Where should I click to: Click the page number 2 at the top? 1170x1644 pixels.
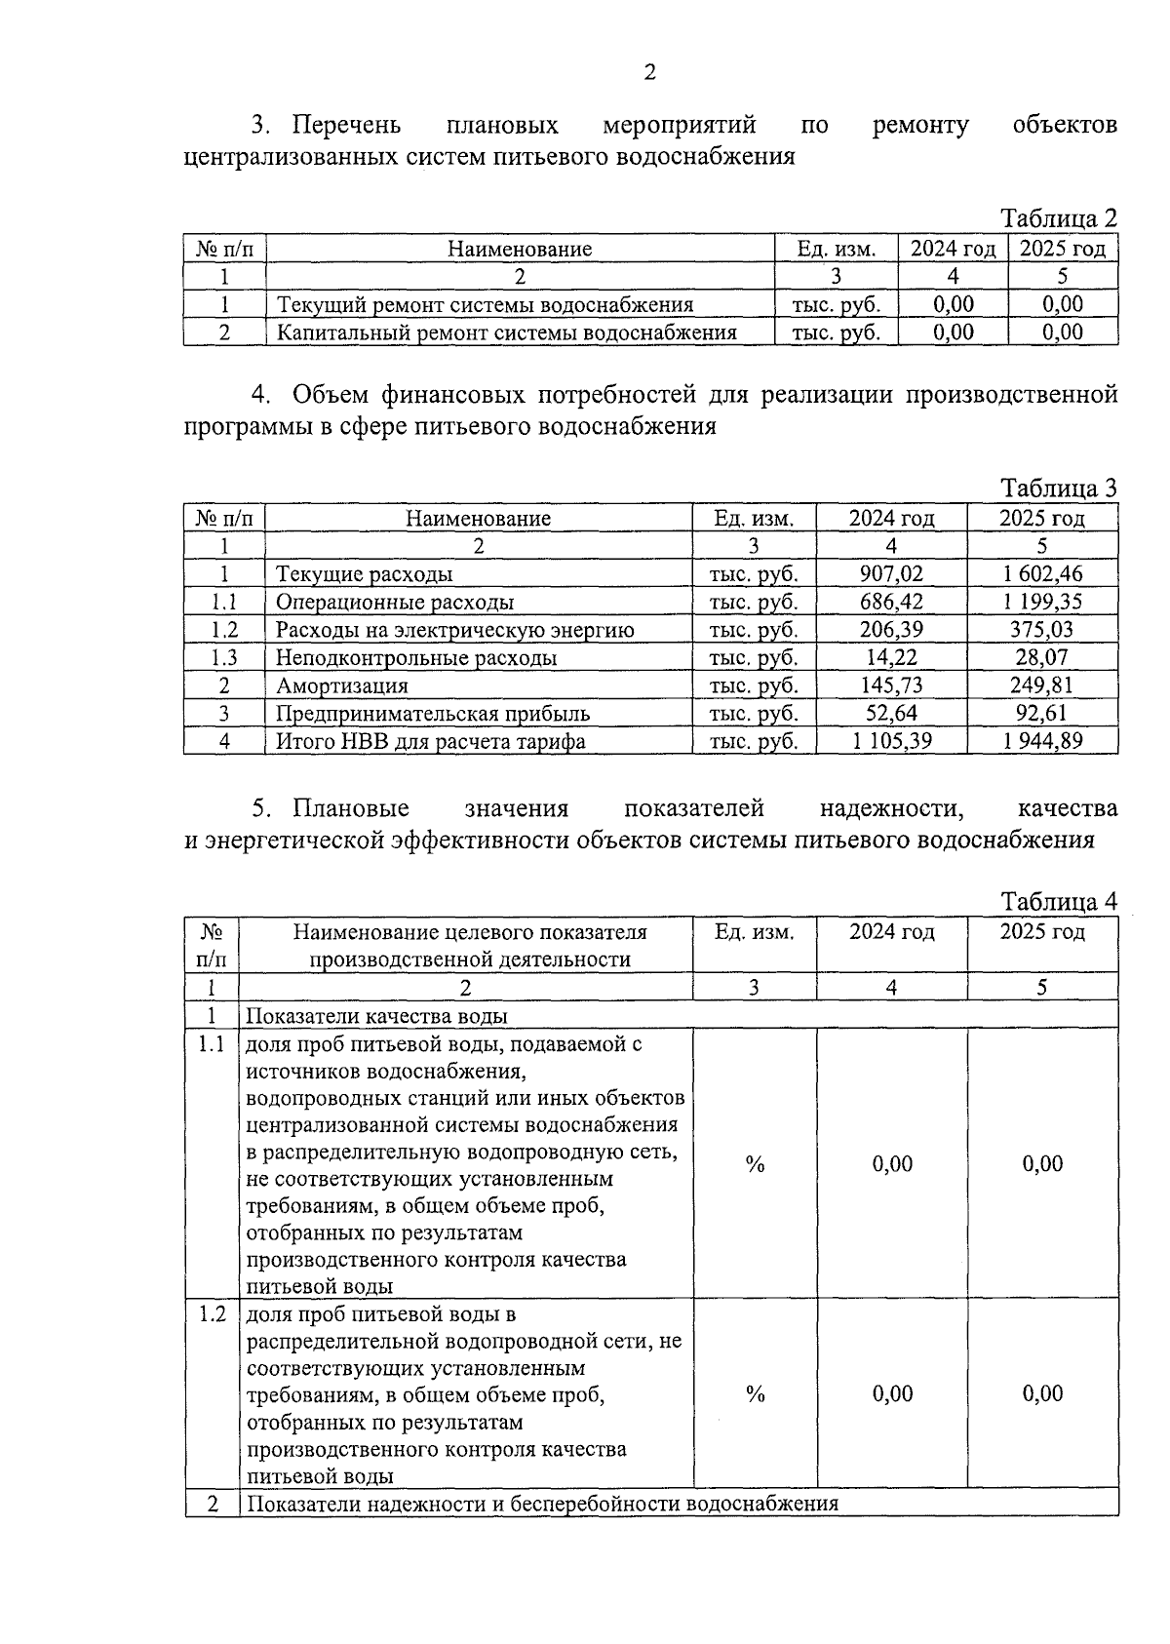tap(650, 72)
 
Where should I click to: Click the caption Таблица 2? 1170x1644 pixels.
tap(1059, 217)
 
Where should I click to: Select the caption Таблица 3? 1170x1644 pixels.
tap(1059, 488)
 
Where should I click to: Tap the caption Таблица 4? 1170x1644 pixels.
tap(1059, 901)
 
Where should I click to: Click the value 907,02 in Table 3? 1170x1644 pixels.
tap(891, 573)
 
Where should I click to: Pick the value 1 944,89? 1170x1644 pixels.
tap(1042, 741)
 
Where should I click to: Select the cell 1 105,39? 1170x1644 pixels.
tap(891, 741)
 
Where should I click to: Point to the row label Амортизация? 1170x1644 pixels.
tap(341, 685)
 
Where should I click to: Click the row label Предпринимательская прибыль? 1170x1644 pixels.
tap(432, 714)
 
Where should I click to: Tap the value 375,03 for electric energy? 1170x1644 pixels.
tap(1042, 630)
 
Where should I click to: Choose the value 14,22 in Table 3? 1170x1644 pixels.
tap(891, 657)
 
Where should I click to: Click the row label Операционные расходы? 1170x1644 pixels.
tap(394, 602)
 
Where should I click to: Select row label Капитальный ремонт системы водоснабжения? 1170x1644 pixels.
tap(506, 333)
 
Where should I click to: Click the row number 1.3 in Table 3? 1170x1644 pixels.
tap(224, 657)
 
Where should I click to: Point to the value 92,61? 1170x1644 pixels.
tap(1042, 714)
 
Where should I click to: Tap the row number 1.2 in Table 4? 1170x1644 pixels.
tap(212, 1313)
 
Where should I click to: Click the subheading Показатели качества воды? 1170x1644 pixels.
tap(376, 1015)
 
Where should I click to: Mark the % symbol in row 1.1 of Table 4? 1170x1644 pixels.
tap(755, 1163)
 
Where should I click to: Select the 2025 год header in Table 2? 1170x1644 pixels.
tap(1063, 249)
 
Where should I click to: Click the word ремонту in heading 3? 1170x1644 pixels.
tap(920, 126)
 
